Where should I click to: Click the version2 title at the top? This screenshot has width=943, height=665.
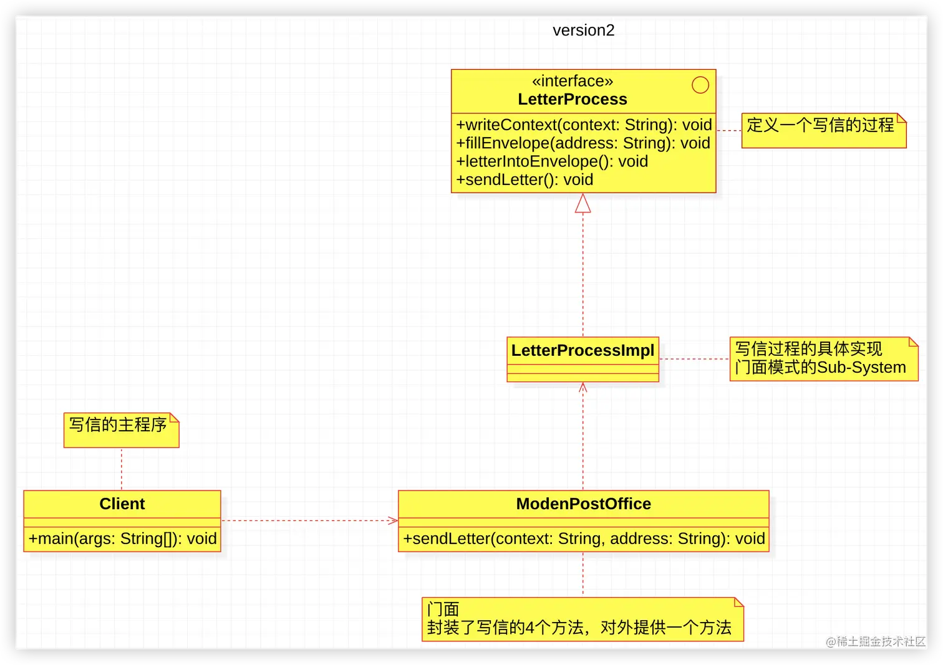[x=583, y=31]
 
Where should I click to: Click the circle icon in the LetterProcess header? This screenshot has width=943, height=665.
[x=700, y=85]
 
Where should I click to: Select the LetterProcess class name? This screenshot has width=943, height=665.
[x=572, y=99]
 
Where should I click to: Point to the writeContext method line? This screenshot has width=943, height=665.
[x=584, y=125]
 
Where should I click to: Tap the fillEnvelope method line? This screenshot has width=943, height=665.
[x=583, y=143]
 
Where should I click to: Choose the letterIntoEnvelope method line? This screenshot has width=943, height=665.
[x=552, y=161]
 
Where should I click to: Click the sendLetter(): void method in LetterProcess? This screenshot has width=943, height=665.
[x=525, y=180]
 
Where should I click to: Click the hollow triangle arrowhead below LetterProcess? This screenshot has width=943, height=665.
[x=583, y=204]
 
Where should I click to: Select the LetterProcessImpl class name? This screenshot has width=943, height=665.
[x=583, y=351]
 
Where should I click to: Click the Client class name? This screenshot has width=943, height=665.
[x=122, y=504]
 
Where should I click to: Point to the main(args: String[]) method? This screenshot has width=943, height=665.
[x=122, y=538]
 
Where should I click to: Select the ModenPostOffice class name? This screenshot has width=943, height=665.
[x=583, y=504]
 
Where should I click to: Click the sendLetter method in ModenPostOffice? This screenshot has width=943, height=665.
[x=583, y=538]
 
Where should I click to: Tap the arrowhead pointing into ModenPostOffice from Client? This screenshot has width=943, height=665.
[x=393, y=520]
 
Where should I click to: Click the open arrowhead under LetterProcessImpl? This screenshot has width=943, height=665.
[x=583, y=388]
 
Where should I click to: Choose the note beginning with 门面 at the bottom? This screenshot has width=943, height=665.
[x=582, y=619]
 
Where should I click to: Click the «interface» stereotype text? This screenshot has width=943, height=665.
[x=572, y=81]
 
